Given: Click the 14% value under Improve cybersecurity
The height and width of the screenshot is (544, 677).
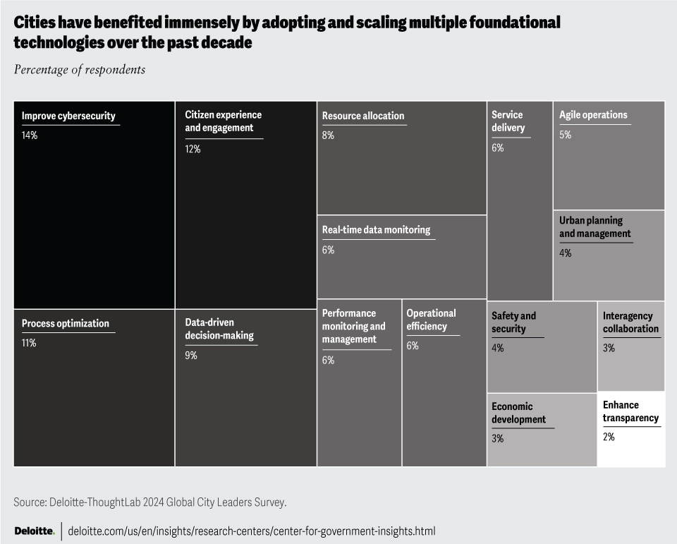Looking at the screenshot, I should click(30, 135).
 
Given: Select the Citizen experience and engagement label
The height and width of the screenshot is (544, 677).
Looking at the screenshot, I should click(223, 121).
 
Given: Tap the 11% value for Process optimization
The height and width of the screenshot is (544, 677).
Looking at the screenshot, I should click(29, 343).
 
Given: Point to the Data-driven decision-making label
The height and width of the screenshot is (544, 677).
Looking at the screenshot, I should click(219, 329).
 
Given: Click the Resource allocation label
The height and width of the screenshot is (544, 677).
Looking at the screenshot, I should click(363, 116).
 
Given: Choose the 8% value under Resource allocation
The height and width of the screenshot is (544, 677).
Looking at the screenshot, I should click(328, 135).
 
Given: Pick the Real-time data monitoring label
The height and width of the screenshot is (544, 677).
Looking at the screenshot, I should click(376, 230).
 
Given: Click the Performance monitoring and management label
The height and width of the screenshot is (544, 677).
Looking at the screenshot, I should click(354, 326).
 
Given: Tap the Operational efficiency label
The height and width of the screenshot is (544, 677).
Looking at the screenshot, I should click(431, 320).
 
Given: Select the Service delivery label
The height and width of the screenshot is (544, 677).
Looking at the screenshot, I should click(508, 121).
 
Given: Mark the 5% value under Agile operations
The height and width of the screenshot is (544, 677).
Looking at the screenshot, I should click(565, 134).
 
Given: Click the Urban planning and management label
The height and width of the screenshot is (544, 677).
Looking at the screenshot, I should click(594, 227).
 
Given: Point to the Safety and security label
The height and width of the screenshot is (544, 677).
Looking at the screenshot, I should click(514, 322).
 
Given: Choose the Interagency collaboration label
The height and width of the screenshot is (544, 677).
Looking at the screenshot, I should click(630, 322).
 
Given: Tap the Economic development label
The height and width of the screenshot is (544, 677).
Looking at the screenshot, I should click(518, 413).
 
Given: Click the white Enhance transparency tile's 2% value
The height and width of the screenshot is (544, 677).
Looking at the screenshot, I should click(609, 437).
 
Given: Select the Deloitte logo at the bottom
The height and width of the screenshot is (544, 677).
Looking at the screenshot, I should click(34, 530).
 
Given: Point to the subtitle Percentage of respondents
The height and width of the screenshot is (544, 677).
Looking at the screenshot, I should click(79, 69).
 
